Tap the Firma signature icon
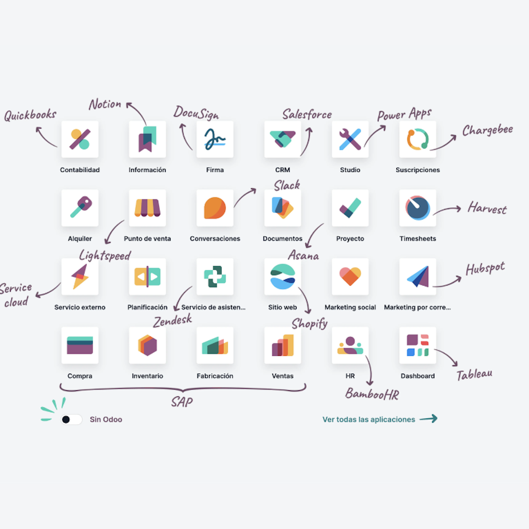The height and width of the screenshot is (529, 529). [x=215, y=139]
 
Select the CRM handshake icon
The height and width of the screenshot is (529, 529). [x=283, y=139]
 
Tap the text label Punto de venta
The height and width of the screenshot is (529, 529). [x=147, y=238]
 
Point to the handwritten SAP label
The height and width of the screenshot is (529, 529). [x=182, y=402]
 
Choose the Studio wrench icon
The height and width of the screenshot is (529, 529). [x=350, y=139]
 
